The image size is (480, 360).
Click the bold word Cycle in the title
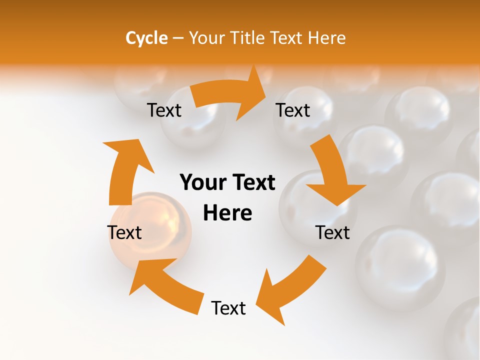pyautogui.click(x=146, y=38)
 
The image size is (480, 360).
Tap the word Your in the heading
pyautogui.click(x=206, y=38)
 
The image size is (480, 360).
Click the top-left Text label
pyautogui.click(x=164, y=110)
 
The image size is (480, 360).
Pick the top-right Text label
pyautogui.click(x=293, y=110)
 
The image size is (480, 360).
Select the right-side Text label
pyautogui.click(x=332, y=232)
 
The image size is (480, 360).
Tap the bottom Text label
pyautogui.click(x=228, y=308)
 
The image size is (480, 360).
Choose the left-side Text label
pyautogui.click(x=124, y=232)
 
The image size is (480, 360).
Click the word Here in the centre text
pyautogui.click(x=227, y=213)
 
